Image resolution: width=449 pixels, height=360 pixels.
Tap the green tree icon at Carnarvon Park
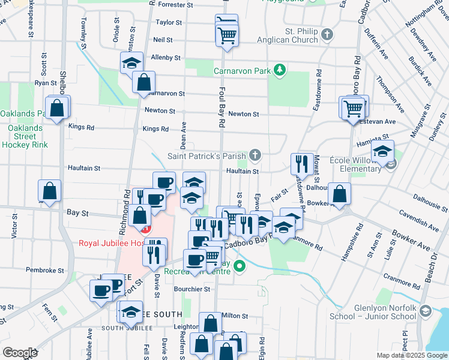279,71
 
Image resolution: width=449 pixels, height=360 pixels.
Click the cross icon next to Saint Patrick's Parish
255,157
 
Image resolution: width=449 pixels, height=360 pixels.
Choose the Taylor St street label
169,23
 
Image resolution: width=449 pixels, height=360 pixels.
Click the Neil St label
163,40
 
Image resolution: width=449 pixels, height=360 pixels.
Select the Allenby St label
166,58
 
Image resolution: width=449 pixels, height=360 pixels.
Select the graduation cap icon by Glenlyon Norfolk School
426,311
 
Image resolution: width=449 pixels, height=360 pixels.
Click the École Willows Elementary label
355,165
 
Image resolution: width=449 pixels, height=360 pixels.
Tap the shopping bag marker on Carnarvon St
144,83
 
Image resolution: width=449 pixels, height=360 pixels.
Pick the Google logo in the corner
20,353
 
